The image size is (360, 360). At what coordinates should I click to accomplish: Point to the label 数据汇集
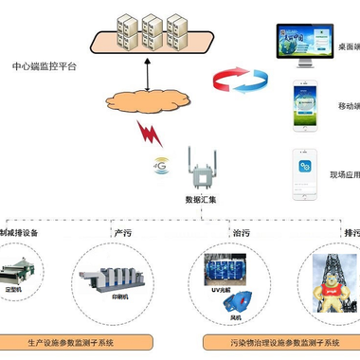[200, 200]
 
